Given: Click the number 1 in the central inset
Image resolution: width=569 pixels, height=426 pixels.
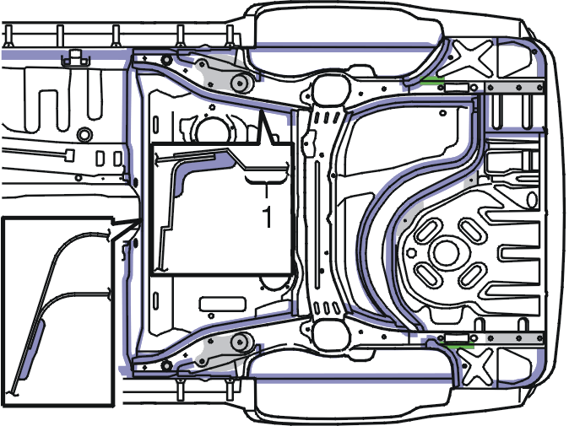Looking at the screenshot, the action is pos(268,217).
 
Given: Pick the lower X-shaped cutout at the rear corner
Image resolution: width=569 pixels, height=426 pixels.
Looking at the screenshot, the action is pos(476,367).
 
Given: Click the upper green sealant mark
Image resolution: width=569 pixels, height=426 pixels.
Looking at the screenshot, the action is pos(432,78).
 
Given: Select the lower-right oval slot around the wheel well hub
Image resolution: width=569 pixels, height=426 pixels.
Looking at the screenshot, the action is pos(472,276).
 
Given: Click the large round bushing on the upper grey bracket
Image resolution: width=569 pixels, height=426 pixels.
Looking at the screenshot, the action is pos(239,84).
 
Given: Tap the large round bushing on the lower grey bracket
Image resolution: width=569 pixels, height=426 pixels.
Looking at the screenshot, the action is pos(239,342).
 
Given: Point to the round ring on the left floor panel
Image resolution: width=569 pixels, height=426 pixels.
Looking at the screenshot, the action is pos(84,135).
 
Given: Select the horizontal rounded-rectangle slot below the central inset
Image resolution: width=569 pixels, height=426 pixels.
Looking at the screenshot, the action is pos(222,304).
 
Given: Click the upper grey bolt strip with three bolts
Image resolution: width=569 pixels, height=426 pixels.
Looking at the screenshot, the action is pos(514,88).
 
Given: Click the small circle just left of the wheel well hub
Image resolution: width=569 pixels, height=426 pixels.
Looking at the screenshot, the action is pos(411,253).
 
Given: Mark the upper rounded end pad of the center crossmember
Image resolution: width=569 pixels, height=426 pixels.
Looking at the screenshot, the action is pos(330,89).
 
